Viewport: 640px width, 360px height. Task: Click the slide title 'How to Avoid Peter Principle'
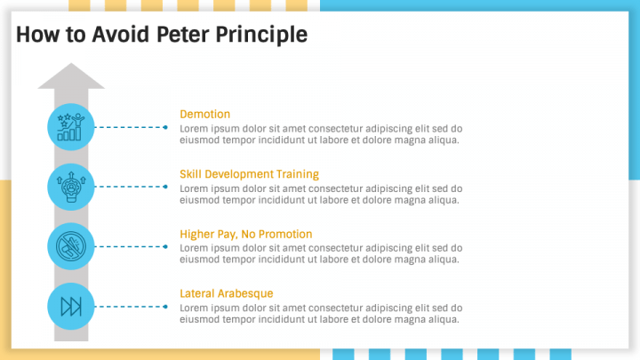[x=162, y=35]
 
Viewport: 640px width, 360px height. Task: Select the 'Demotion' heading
[x=204, y=114]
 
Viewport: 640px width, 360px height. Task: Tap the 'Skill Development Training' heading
[x=249, y=174]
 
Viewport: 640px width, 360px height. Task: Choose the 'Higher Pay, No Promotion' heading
[x=245, y=234]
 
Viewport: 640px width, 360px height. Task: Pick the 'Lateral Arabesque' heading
[x=226, y=293]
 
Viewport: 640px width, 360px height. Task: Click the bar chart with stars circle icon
[x=70, y=127]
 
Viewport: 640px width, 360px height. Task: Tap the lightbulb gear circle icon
[x=70, y=187]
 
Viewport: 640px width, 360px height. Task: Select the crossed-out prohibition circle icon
[x=70, y=246]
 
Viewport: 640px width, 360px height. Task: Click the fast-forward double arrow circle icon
[x=70, y=307]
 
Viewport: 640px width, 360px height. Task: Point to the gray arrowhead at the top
[x=71, y=76]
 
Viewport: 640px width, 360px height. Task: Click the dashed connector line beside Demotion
[x=130, y=127]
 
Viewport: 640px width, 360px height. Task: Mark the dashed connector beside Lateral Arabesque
[x=130, y=307]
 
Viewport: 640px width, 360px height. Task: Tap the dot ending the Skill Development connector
[x=165, y=187]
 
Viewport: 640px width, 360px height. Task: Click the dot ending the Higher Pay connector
[x=165, y=246]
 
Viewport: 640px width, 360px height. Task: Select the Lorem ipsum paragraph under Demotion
[x=320, y=133]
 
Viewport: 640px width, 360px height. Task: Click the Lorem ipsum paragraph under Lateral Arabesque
[x=320, y=313]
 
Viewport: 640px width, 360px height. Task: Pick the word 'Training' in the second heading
[x=297, y=174]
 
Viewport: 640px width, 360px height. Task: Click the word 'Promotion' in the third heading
[x=284, y=234]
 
